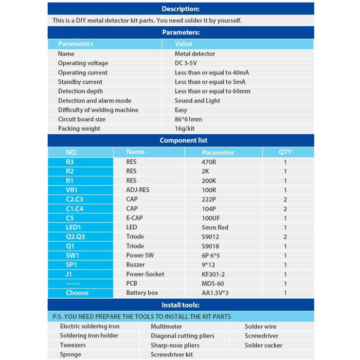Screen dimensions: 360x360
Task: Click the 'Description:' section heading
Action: tap(181, 9)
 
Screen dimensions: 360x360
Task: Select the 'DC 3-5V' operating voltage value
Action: tap(186, 63)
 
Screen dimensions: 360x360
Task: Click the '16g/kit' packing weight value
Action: tap(185, 129)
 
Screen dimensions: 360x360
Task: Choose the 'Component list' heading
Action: tap(183, 140)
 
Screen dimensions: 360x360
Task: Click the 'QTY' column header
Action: tap(285, 152)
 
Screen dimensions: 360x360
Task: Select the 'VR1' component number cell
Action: tap(72, 190)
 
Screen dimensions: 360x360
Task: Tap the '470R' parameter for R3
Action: tap(210, 162)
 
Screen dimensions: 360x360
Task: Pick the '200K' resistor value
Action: tap(209, 181)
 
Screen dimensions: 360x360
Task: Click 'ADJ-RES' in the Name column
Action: tap(138, 190)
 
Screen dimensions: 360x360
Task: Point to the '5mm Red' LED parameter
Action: tap(214, 227)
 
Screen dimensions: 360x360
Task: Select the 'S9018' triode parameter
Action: tap(211, 246)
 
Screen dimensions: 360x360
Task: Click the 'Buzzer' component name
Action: tap(136, 265)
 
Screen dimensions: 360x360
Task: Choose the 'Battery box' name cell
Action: tap(142, 293)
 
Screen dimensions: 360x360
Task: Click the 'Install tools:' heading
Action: tap(181, 304)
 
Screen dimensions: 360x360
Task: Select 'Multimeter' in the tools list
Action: tap(166, 327)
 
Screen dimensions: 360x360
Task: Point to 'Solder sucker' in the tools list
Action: tap(263, 345)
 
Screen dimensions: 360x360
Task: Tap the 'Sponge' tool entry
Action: tap(70, 354)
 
